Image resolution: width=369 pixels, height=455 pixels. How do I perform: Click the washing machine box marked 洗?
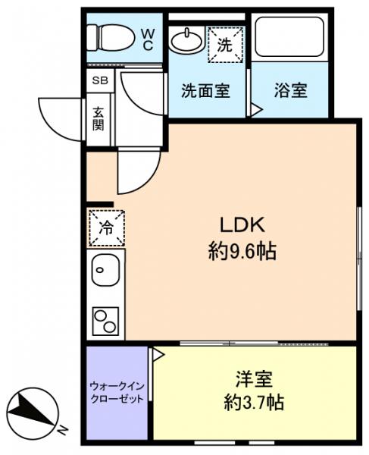click(x=226, y=42)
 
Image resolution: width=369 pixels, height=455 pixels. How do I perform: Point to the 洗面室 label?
click(x=205, y=89)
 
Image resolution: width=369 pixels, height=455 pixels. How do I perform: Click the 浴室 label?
click(x=290, y=89)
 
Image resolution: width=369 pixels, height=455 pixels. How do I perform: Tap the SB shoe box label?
click(x=99, y=80)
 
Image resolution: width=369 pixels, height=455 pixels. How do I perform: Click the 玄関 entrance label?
click(x=99, y=118)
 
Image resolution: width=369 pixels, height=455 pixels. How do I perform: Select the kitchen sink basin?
click(x=105, y=269)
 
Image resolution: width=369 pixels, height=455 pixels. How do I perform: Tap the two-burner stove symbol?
click(x=106, y=320)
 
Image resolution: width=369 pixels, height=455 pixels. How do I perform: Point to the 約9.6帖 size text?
click(x=242, y=252)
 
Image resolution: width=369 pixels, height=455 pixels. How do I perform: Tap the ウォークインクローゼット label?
click(x=117, y=392)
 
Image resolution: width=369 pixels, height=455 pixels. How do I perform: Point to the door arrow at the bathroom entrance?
click(x=256, y=110)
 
